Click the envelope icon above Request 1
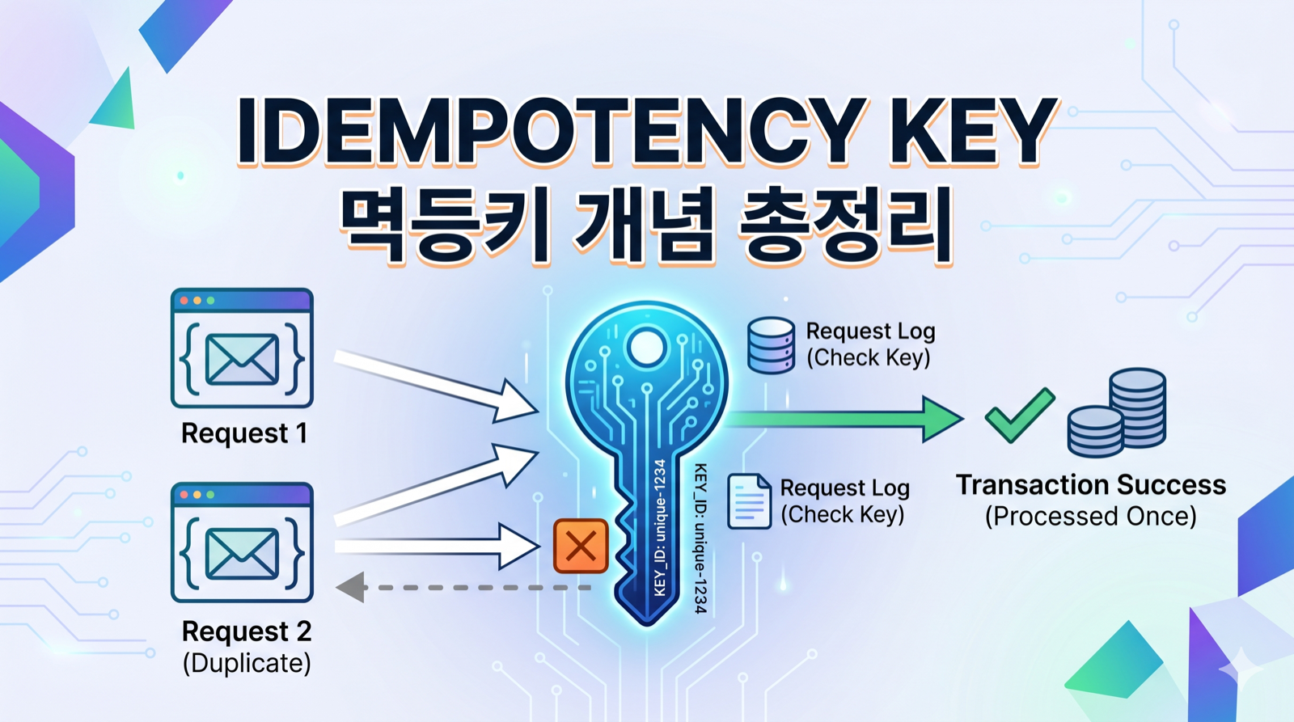pyautogui.click(x=242, y=358)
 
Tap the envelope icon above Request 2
pyautogui.click(x=242, y=553)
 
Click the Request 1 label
pyautogui.click(x=243, y=433)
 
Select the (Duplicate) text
pyautogui.click(x=247, y=663)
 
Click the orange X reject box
pyautogui.click(x=581, y=546)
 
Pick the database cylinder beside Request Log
pyautogui.click(x=771, y=345)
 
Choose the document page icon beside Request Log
pyautogui.click(x=749, y=501)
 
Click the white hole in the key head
pyautogui.click(x=646, y=348)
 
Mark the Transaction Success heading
pyautogui.click(x=1090, y=484)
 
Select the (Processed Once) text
pyautogui.click(x=1090, y=516)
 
